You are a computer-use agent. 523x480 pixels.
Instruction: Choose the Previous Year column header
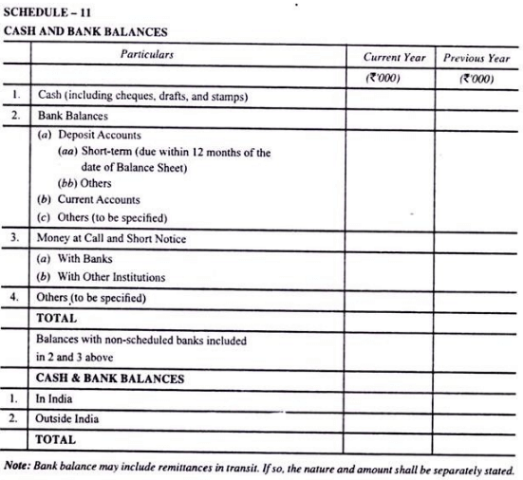point(476,58)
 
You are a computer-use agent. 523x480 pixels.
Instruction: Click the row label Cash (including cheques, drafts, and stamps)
point(142,96)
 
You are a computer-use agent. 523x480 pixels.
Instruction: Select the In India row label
point(54,399)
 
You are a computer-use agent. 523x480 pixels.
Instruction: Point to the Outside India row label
point(67,418)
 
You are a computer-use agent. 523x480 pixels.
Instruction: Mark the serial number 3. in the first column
point(15,237)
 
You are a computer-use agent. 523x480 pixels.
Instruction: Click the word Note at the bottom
point(16,468)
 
